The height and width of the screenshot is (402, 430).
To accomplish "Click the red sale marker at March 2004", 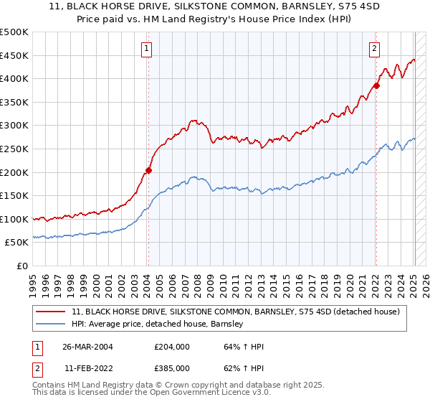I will point(148,170).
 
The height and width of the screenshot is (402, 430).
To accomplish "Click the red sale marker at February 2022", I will point(376,85).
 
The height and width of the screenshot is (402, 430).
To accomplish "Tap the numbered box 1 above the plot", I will point(146,49).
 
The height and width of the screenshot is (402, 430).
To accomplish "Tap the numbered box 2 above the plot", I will point(374,49).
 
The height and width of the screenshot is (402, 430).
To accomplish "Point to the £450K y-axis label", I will point(14,55).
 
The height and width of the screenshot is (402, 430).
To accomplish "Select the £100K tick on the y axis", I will point(14,219).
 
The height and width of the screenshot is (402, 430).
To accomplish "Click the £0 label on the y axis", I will point(21,266).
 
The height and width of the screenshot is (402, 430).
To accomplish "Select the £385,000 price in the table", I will point(171,368).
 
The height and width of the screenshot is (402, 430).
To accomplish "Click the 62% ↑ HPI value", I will point(244,368).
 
